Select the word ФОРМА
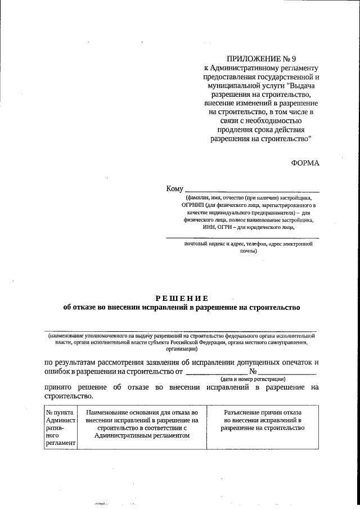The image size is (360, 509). pos(305,163)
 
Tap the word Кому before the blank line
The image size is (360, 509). pos(175,190)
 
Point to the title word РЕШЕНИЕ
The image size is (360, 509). pos(182,298)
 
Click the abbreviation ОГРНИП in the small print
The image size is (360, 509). pos(193,206)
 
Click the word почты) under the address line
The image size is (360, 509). pos(248,251)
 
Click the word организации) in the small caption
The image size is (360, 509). pos(182,349)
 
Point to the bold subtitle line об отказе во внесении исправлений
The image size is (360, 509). pos(182,308)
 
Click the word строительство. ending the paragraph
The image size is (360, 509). pos(65,396)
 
